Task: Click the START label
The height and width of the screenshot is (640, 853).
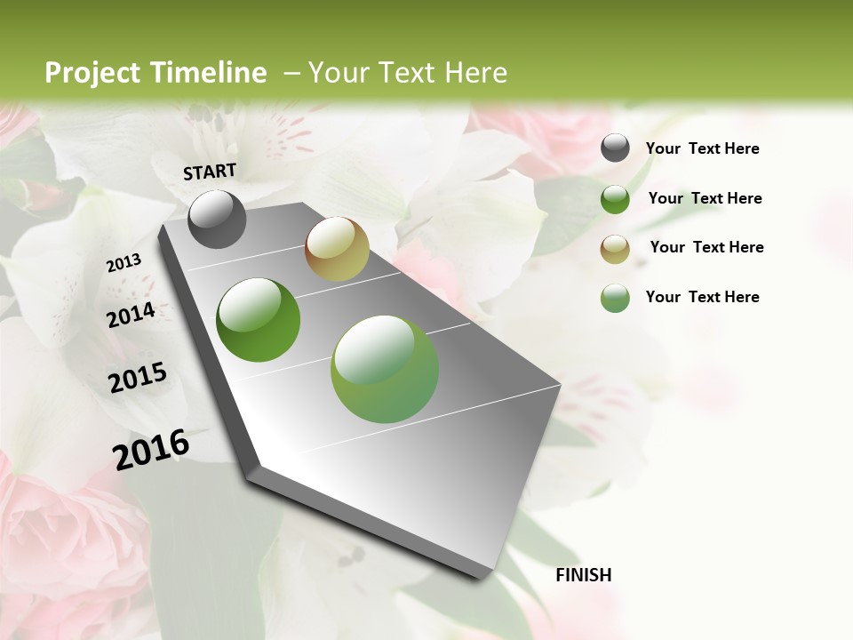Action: [210, 172]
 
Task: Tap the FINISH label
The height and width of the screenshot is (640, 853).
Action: [584, 575]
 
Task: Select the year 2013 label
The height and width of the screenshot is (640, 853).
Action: [124, 263]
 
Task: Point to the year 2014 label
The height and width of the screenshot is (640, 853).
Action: [132, 315]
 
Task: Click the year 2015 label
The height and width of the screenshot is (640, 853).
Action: [138, 378]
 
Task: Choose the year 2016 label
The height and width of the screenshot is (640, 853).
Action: [151, 449]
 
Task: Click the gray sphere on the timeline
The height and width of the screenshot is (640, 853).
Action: [218, 219]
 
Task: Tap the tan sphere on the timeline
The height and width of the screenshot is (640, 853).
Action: [337, 249]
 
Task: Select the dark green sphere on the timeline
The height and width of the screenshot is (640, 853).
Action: [259, 320]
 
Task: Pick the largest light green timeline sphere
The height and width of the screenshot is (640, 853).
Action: [385, 369]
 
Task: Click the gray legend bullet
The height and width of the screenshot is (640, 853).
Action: [615, 148]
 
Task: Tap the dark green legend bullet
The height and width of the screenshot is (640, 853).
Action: [615, 199]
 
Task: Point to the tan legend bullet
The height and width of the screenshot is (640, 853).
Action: [615, 249]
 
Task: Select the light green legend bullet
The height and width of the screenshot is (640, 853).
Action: [615, 298]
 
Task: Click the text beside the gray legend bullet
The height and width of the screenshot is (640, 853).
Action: [703, 148]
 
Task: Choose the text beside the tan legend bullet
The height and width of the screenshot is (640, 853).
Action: [707, 247]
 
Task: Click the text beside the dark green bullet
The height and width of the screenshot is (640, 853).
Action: [706, 198]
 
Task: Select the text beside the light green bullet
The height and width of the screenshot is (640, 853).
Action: [703, 297]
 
